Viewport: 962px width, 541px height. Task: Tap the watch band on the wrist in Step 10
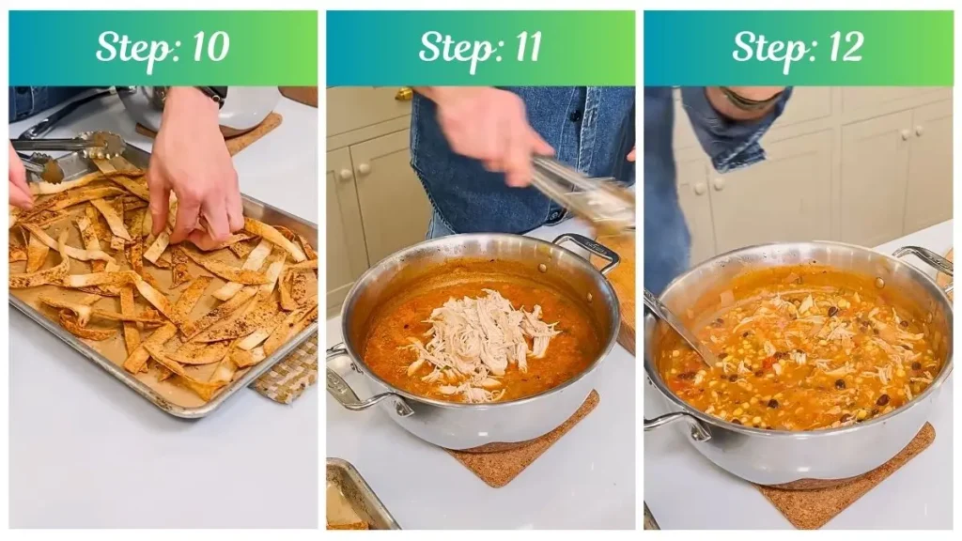(214, 94)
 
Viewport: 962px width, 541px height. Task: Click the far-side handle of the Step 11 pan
(587, 249)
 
